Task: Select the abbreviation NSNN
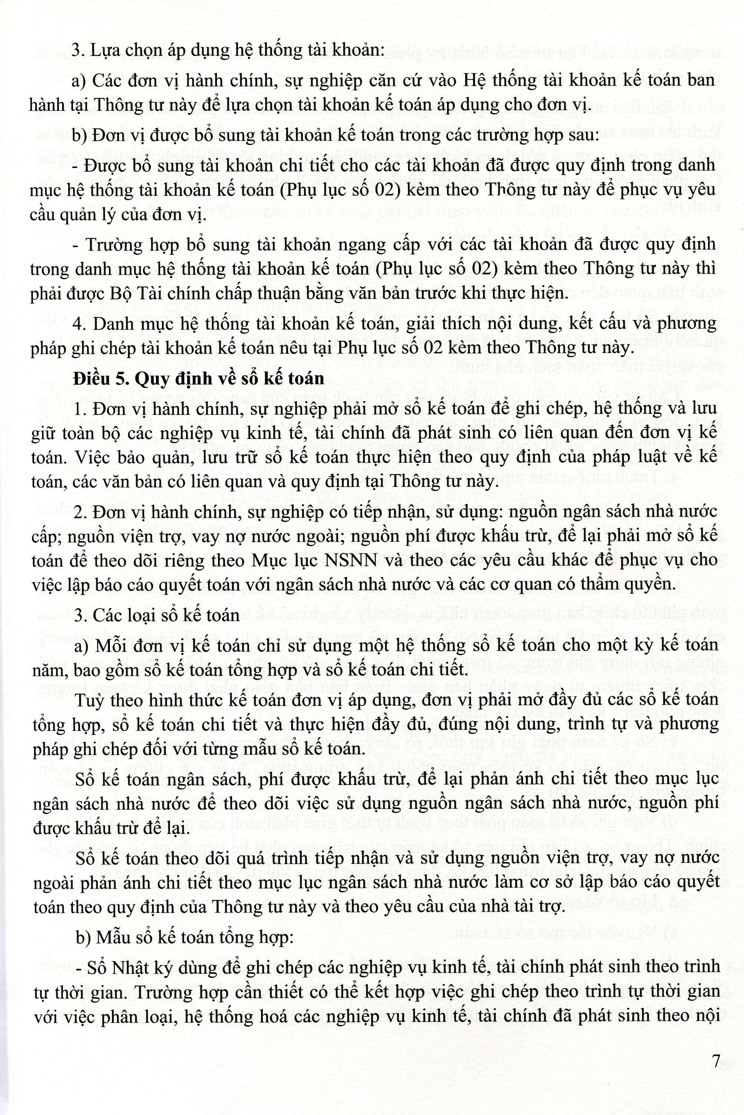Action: (351, 560)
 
